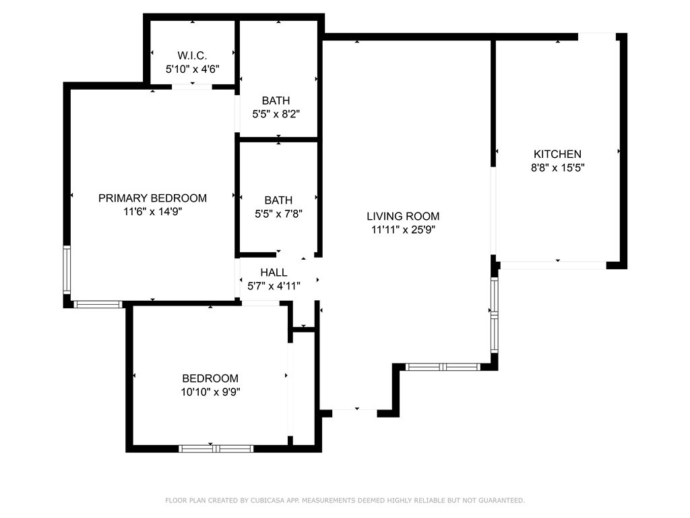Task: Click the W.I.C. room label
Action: (x=192, y=55)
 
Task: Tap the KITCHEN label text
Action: (x=557, y=154)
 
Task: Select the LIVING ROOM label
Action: (x=403, y=217)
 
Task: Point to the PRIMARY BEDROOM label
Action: (x=153, y=198)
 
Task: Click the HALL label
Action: (x=274, y=272)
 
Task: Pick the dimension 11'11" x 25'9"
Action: (x=403, y=229)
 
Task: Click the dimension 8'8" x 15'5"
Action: (x=557, y=167)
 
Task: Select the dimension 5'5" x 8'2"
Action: (x=276, y=114)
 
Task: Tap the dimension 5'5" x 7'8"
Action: (x=278, y=214)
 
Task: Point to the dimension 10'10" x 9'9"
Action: (x=210, y=392)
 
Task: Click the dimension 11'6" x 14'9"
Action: (x=153, y=211)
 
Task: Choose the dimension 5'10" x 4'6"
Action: (x=192, y=69)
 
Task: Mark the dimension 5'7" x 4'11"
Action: (x=274, y=286)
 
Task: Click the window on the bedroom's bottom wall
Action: (x=216, y=449)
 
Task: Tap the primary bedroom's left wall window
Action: (x=67, y=270)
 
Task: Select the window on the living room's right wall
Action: (x=495, y=315)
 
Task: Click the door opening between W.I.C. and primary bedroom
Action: (x=192, y=87)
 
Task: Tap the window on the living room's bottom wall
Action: (x=443, y=367)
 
